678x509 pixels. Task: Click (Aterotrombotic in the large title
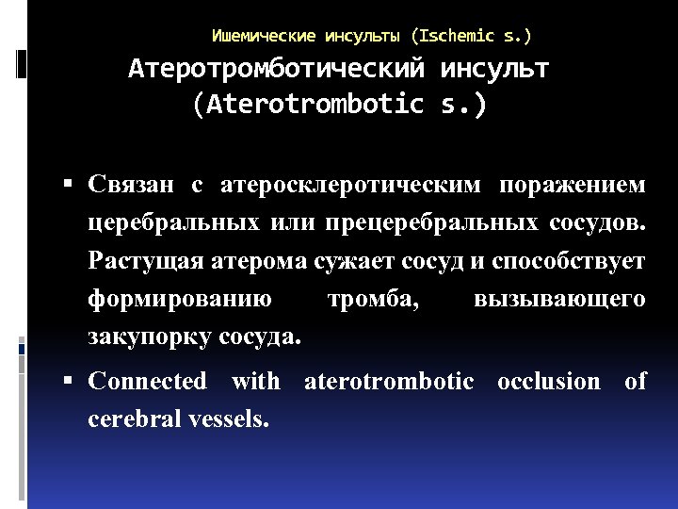coord(307,104)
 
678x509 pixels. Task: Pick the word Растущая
coord(135,261)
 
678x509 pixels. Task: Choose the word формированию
coord(180,300)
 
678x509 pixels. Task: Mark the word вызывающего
coord(560,300)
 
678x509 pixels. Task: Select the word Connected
coord(147,382)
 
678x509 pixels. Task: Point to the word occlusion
coord(548,382)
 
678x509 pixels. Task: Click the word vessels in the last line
coord(231,419)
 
